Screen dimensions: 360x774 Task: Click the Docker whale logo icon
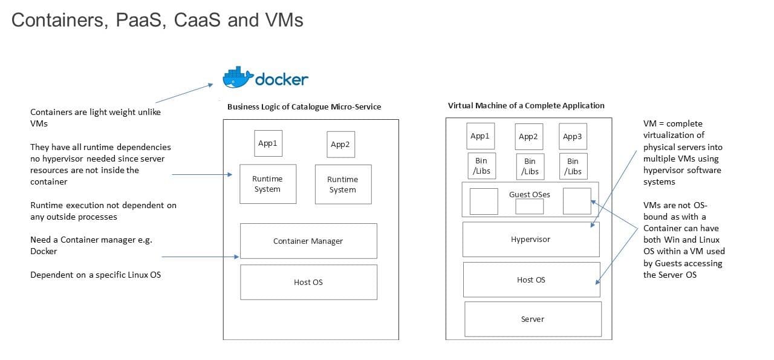[x=237, y=79]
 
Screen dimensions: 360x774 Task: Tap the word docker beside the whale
[x=282, y=79]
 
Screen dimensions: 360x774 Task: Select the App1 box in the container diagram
[x=267, y=143]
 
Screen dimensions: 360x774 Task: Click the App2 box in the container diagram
[x=340, y=145]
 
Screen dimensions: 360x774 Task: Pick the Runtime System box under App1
[x=267, y=184]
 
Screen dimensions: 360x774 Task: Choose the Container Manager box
[x=308, y=241]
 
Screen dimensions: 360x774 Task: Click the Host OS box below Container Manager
[x=308, y=282]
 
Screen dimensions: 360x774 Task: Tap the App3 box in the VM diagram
[x=572, y=137]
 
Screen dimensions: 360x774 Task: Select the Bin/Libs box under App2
[x=530, y=166]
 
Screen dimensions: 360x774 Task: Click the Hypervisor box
[x=531, y=239]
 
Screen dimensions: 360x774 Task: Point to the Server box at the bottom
[x=533, y=319]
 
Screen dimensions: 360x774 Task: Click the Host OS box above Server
[x=531, y=280]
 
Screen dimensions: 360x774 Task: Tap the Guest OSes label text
[x=530, y=194]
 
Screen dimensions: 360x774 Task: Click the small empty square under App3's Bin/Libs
[x=576, y=201]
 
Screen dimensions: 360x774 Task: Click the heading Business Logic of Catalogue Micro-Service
[x=304, y=106]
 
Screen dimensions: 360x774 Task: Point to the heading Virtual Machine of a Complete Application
[x=526, y=105]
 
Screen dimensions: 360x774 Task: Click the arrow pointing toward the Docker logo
[x=184, y=93]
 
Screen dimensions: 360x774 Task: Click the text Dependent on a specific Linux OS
[x=96, y=275]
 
